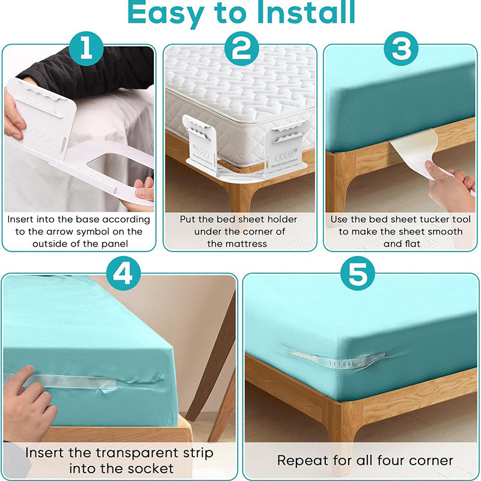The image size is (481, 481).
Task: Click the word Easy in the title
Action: (x=171, y=13)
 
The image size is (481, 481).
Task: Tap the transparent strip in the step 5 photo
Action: (x=337, y=359)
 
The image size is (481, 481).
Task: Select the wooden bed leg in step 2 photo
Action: (x=240, y=192)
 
